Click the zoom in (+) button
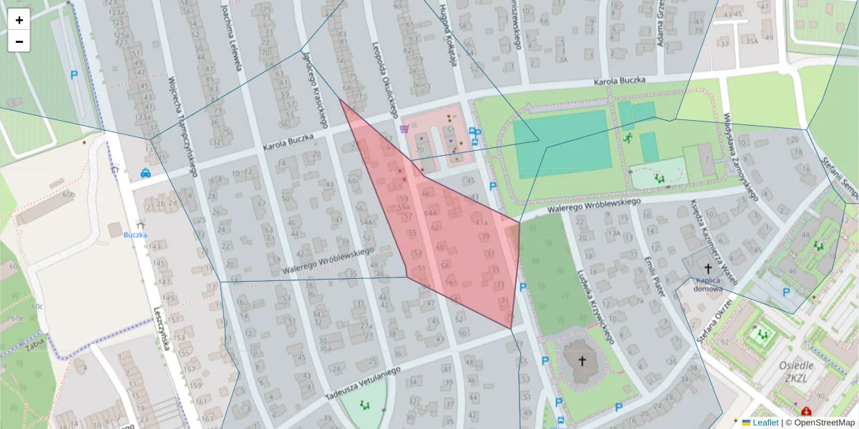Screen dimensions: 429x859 19,20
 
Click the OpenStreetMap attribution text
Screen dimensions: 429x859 824,423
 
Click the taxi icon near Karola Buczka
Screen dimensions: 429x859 145,172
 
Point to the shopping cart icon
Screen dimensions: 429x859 405,129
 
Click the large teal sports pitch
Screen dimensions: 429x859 562,144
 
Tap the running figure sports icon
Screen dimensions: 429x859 628,138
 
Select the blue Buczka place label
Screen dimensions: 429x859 135,235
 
